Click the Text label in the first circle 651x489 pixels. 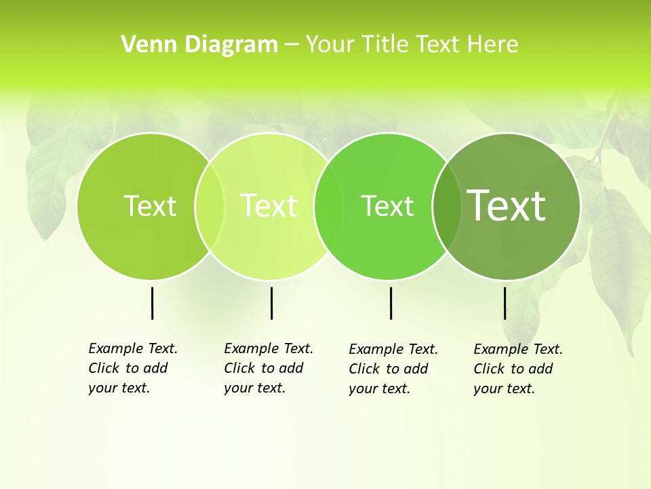click(150, 206)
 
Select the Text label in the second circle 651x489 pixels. click(269, 206)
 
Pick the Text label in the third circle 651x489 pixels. click(387, 206)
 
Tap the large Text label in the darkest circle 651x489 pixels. click(507, 205)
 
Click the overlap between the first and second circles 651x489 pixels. click(210, 206)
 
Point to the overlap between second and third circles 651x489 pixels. click(329, 206)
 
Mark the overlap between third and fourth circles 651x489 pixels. click(446, 206)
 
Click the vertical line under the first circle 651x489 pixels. click(152, 303)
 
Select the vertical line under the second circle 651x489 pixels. click(271, 303)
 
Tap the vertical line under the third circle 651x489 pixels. click(391, 303)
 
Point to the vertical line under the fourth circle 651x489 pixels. click(505, 303)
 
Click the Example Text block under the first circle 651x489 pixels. click(132, 368)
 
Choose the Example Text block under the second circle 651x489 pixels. click(268, 368)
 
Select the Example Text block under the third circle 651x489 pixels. click(393, 369)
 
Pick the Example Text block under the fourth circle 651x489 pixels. click(517, 369)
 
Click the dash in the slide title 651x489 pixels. click(292, 45)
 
